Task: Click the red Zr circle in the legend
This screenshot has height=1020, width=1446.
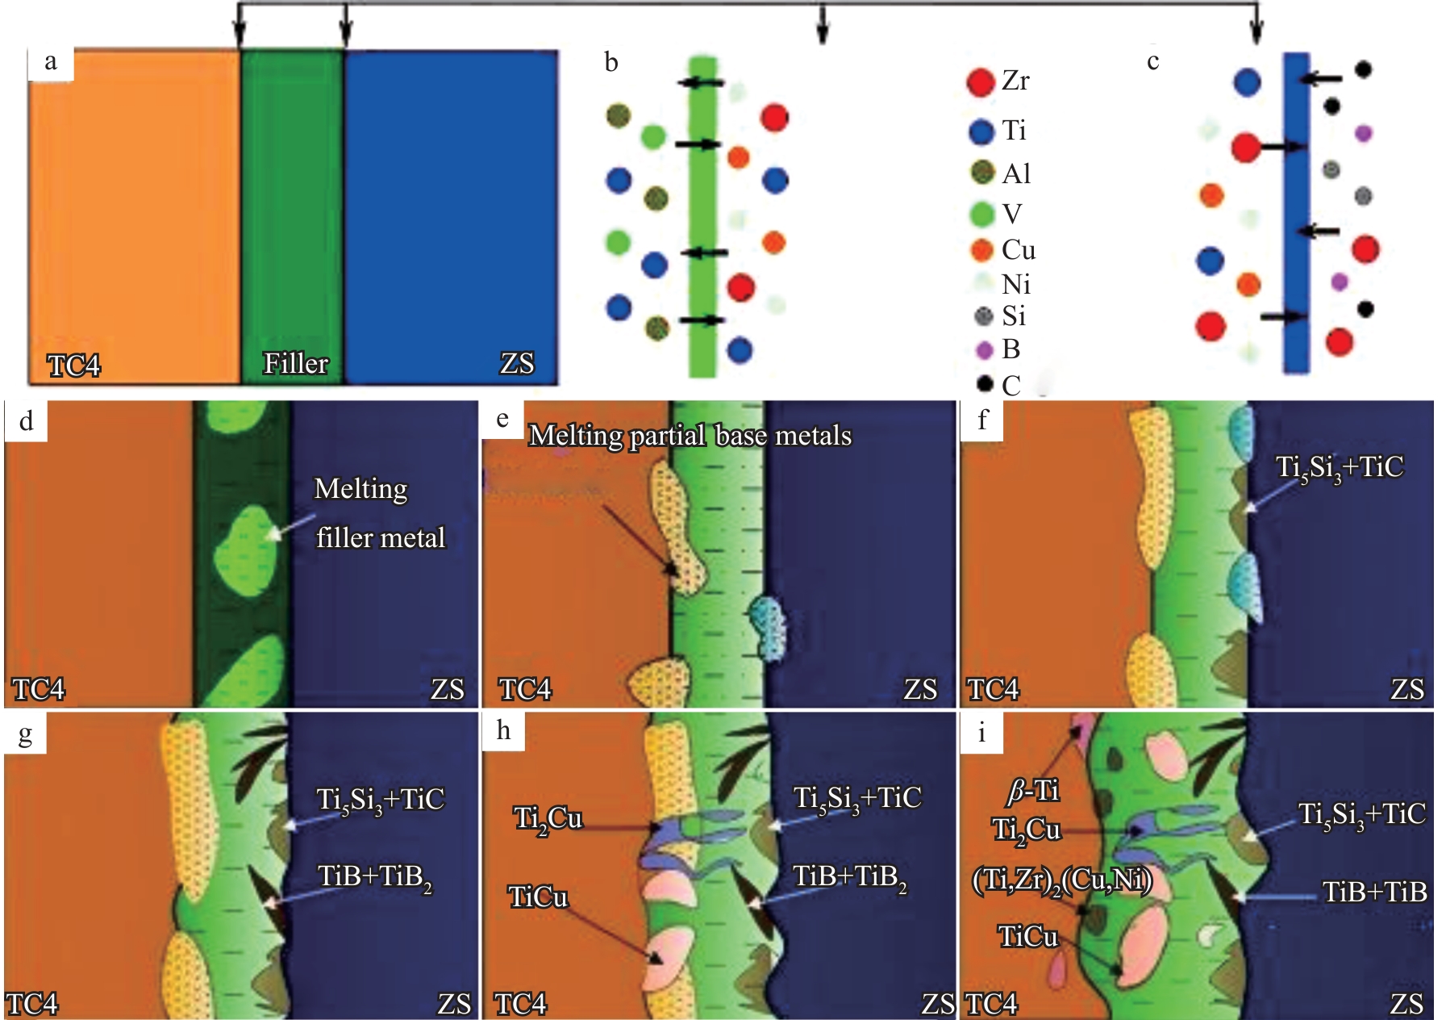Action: (981, 82)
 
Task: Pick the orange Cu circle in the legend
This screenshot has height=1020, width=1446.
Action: (981, 250)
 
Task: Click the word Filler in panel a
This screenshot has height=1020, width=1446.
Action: (295, 364)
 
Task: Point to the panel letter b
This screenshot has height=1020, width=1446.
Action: (611, 63)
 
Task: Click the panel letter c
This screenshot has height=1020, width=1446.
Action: (1153, 61)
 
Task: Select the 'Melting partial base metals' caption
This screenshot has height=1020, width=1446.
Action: (690, 436)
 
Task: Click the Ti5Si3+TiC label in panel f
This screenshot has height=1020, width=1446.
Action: (1339, 468)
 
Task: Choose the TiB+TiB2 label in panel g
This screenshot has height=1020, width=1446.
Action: (374, 877)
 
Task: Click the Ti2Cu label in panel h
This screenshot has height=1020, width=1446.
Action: (548, 820)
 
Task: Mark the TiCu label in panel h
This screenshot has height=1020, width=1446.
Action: (538, 897)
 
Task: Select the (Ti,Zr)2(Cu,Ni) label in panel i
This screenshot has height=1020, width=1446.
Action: (1061, 880)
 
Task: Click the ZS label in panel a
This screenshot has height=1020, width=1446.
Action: (516, 364)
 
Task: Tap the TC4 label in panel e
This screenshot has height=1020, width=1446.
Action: (525, 690)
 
